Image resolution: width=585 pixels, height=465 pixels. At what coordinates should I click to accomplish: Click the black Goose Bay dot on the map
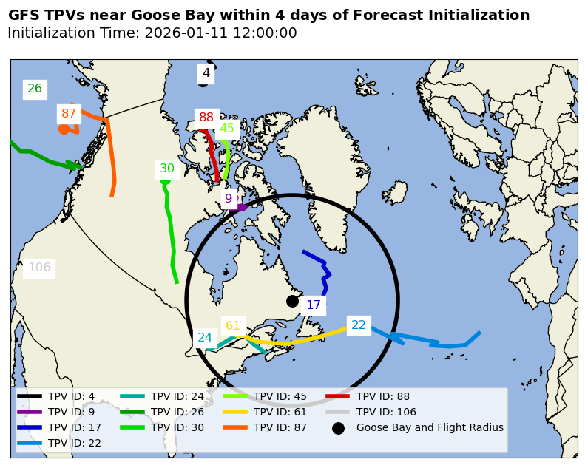coord(292,301)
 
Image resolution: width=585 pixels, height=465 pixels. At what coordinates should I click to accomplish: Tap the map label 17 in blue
coord(314,305)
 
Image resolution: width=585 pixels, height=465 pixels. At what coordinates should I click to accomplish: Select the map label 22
coord(359,325)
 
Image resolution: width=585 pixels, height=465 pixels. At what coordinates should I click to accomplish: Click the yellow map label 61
coord(233,326)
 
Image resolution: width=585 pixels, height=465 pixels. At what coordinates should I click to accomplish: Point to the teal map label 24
coord(205,338)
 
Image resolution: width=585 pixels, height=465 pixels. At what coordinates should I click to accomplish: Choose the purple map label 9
coord(229,198)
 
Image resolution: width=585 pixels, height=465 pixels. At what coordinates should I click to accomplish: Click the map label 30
coord(167,169)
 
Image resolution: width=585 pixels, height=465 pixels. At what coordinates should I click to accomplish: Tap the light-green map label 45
coord(227,129)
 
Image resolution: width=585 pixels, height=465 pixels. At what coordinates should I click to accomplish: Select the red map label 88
coord(206,118)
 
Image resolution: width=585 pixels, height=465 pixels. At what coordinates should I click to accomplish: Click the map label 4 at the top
coord(206,73)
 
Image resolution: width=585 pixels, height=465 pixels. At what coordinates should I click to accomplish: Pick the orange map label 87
coord(69,114)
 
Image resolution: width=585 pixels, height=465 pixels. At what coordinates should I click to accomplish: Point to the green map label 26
coord(35,89)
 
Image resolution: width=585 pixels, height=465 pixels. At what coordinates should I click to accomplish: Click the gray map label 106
coord(39,268)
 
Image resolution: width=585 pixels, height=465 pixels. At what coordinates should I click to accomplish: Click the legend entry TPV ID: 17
coord(75,427)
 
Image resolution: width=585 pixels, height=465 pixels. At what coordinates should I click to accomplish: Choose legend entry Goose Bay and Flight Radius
coord(430,427)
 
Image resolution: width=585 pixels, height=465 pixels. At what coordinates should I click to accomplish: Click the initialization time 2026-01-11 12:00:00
coord(220,33)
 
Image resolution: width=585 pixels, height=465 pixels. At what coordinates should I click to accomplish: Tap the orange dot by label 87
coord(64,129)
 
